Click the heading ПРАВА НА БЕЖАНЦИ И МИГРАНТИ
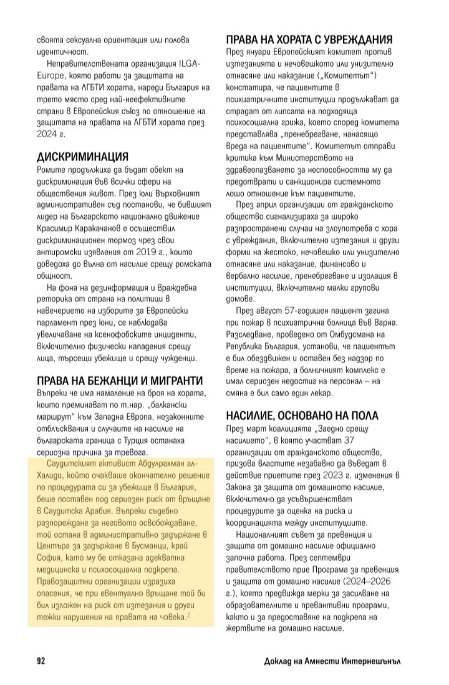[120, 381]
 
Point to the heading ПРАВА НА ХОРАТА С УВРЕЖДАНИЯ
[309, 39]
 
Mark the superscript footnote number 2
[189, 616]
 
